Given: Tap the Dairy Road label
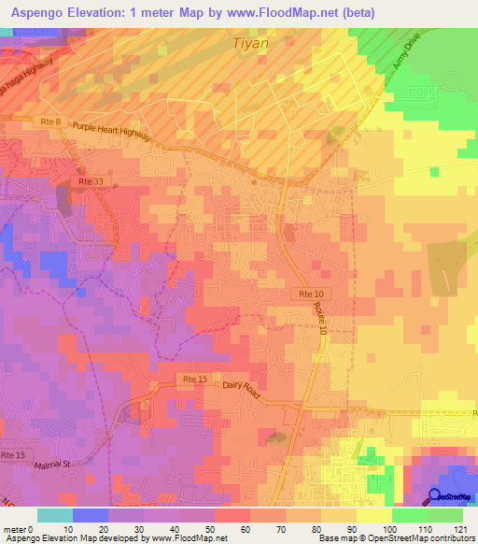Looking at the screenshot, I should coord(246,386).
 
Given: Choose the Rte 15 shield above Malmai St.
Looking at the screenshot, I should coord(13,455).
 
